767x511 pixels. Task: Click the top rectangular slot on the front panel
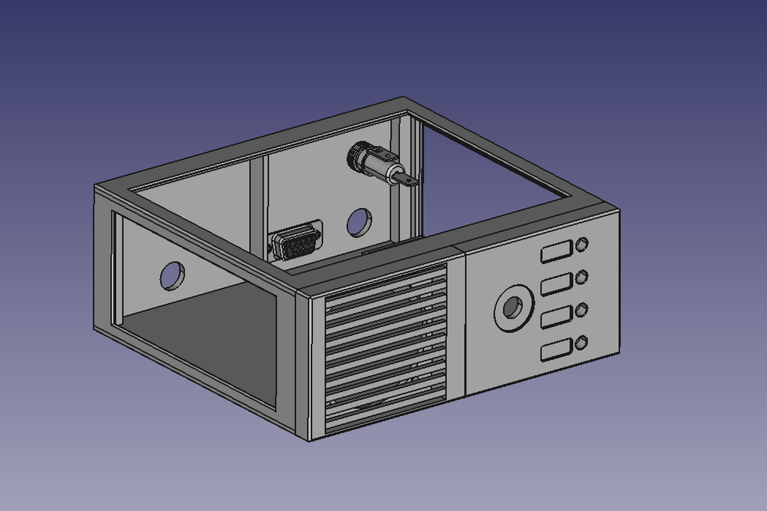555,252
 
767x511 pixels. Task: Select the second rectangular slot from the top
555,284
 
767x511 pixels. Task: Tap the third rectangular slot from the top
555,317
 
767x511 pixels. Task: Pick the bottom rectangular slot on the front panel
555,350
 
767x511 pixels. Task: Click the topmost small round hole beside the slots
581,245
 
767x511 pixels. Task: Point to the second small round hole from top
581,278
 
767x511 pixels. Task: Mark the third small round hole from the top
581,310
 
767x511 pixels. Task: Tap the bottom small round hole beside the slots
581,343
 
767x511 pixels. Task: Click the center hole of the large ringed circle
513,307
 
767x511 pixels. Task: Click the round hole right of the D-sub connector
359,222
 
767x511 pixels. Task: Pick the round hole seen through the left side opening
172,276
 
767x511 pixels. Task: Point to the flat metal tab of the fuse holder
404,179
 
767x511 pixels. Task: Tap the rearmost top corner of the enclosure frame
404,99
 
